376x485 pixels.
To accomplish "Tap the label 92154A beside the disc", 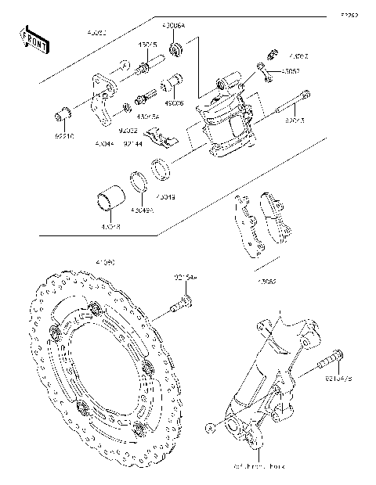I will coord(186,278).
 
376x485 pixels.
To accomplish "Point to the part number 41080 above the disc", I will coord(105,264).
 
